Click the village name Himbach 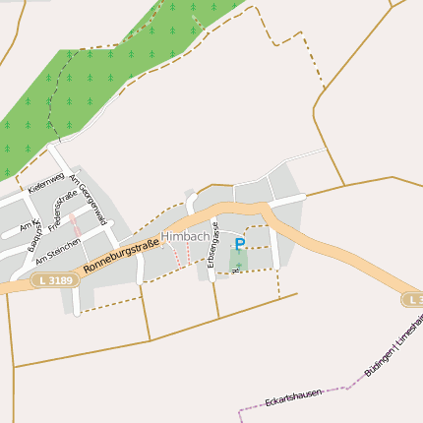tap(185, 237)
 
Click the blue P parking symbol tap(240, 243)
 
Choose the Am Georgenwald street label tap(88, 200)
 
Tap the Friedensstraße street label tap(62, 211)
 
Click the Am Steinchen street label tap(57, 250)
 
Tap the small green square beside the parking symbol tap(238, 260)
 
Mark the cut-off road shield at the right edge tap(413, 299)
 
